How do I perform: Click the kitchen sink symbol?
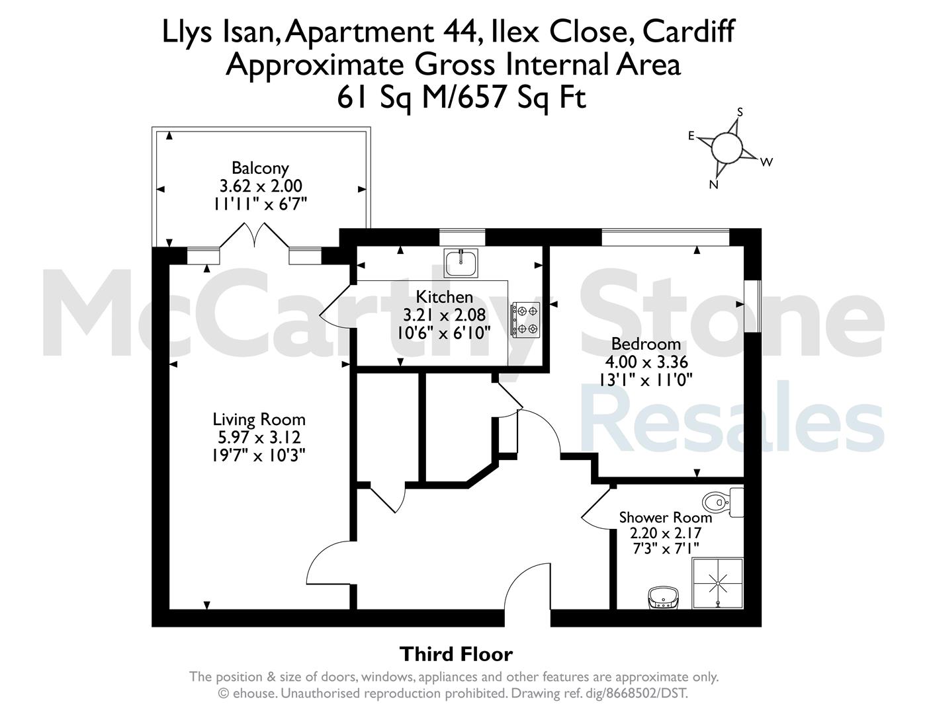(x=461, y=263)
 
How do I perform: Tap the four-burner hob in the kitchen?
(x=526, y=320)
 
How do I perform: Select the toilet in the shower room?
(x=723, y=502)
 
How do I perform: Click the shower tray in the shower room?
(x=718, y=583)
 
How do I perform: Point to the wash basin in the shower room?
(x=663, y=598)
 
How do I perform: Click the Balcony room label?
(x=260, y=168)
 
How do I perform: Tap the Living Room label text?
(x=259, y=419)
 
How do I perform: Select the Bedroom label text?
(x=646, y=344)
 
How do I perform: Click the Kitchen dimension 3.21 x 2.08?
(x=444, y=315)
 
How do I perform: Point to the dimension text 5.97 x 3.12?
(x=259, y=437)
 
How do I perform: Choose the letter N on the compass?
(x=714, y=184)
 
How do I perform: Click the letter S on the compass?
(x=740, y=112)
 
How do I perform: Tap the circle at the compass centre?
(x=727, y=147)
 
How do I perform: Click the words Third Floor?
(x=457, y=654)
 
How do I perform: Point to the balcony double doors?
(x=255, y=235)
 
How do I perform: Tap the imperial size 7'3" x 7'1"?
(x=666, y=549)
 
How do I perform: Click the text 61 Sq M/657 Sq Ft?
(x=461, y=98)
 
